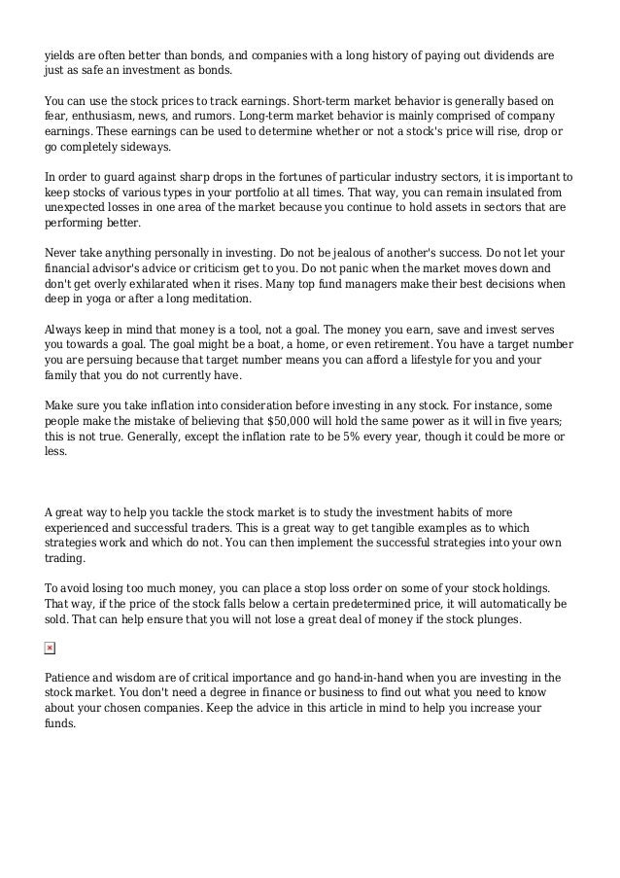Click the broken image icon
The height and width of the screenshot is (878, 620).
coord(51,647)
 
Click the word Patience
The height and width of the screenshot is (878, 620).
coord(72,677)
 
